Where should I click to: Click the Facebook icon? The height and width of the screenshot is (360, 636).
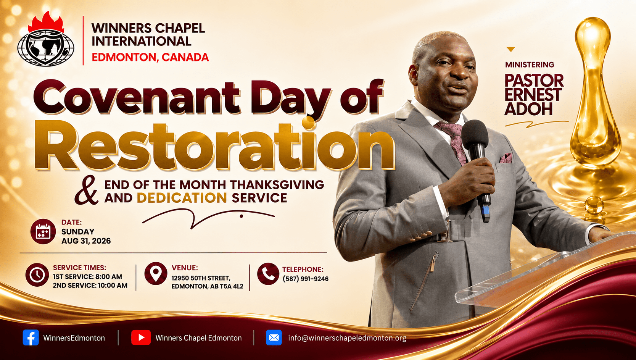(31, 337)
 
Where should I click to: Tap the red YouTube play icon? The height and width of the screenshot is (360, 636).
(141, 337)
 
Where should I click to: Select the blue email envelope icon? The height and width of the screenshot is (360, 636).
(274, 337)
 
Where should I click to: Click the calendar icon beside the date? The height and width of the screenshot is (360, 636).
(43, 232)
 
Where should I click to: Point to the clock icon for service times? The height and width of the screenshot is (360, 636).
(37, 275)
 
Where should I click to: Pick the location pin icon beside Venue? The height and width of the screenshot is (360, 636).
(156, 273)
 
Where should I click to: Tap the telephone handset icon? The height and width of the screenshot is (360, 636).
(268, 274)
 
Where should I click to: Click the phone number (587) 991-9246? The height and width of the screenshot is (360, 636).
(306, 279)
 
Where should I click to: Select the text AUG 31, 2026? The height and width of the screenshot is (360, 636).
(86, 241)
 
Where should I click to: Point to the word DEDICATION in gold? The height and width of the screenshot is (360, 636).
(182, 198)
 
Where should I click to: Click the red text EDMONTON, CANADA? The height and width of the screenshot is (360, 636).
(150, 57)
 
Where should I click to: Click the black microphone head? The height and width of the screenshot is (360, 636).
(475, 133)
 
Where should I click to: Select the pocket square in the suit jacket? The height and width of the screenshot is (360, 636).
(506, 158)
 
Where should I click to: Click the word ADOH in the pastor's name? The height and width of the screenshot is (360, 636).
(528, 109)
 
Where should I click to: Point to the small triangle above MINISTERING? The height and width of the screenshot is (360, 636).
(511, 50)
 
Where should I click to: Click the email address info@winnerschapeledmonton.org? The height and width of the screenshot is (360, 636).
(347, 338)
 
